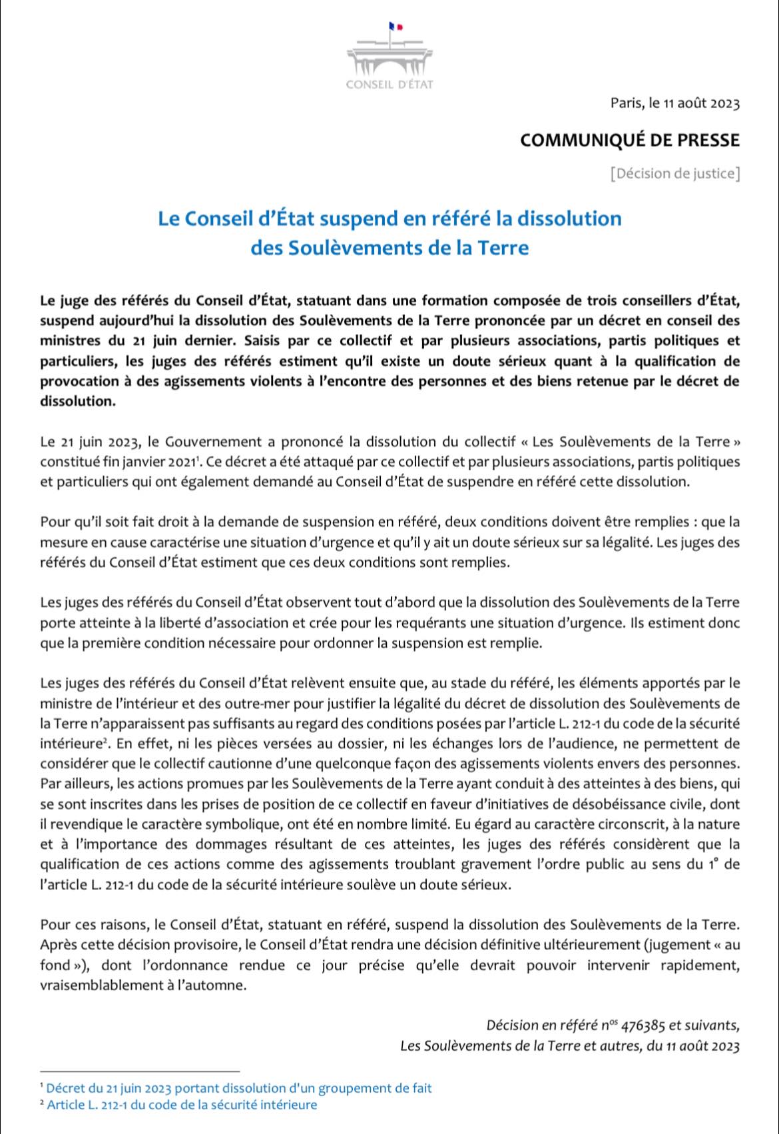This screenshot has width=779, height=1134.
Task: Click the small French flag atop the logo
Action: coord(395,27)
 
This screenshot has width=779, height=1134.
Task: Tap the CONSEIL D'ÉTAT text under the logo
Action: coord(389,85)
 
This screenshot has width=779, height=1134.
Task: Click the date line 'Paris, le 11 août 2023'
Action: coord(674,103)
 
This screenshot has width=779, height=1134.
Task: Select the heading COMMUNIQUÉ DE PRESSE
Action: coord(629,141)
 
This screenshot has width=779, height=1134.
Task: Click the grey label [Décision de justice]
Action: coord(674,174)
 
